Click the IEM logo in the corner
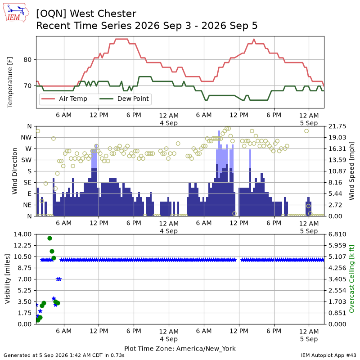pyautogui.click(x=16, y=13)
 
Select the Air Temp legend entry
pyautogui.click(x=64, y=99)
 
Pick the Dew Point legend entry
pyautogui.click(x=124, y=99)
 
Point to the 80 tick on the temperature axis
pyautogui.click(x=27, y=60)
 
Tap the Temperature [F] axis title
pyautogui.click(x=10, y=82)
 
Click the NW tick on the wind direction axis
pyautogui.click(x=26, y=138)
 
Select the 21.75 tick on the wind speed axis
pyautogui.click(x=337, y=126)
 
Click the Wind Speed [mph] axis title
pyautogui.click(x=351, y=171)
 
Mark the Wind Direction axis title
pyautogui.click(x=15, y=171)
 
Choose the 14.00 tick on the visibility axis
pyautogui.click(x=23, y=234)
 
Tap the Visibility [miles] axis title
pyautogui.click(x=8, y=279)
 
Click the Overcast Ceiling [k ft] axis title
pyautogui.click(x=351, y=279)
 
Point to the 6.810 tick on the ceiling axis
pyautogui.click(x=337, y=234)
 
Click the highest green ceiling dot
pyautogui.click(x=49, y=238)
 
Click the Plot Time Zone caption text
pyautogui.click(x=180, y=348)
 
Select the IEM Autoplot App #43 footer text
pyautogui.click(x=328, y=355)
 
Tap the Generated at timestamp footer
pyautogui.click(x=64, y=355)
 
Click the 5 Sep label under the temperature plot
pyautogui.click(x=309, y=123)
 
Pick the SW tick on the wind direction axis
pyautogui.click(x=27, y=160)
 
